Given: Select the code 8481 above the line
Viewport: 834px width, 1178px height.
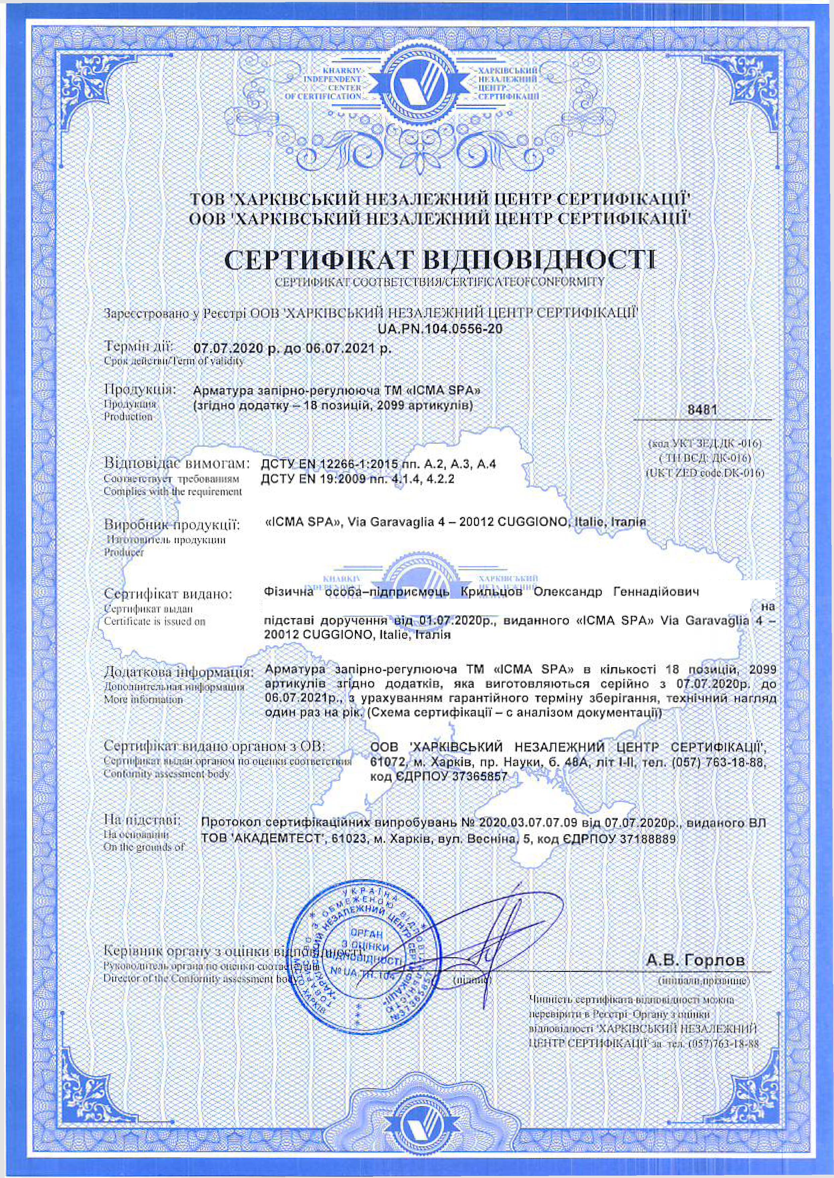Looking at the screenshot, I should click(x=702, y=410).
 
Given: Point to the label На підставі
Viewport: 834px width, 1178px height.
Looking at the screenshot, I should click(x=142, y=818).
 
